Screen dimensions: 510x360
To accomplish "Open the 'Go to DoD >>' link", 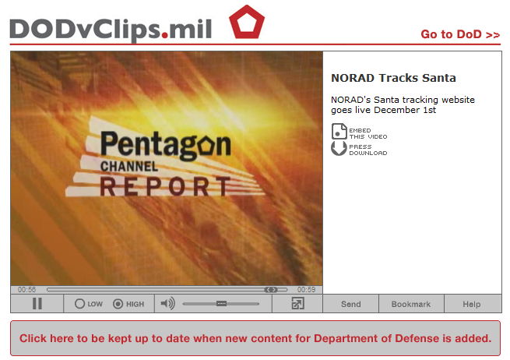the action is (x=460, y=34).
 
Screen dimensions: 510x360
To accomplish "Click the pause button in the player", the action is (x=37, y=303).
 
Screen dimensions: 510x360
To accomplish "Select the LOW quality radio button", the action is (x=79, y=304).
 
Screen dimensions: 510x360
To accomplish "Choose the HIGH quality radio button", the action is (x=118, y=304).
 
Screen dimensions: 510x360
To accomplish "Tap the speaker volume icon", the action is (x=168, y=303).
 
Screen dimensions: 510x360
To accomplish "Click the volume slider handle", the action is (x=221, y=303).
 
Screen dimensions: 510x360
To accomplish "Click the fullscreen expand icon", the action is (x=297, y=303).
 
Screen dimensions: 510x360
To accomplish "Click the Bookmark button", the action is (x=411, y=304).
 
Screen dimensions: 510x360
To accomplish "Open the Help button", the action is (x=472, y=304).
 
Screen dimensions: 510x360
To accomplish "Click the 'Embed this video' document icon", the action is (x=339, y=131).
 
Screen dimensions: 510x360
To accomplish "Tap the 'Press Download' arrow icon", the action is (x=339, y=148).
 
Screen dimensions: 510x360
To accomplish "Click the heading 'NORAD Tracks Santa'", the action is (x=393, y=78).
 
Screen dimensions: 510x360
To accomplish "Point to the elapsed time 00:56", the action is (x=26, y=289).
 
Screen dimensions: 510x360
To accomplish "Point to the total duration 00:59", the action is (x=306, y=289).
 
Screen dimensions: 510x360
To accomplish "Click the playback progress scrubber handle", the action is (x=271, y=289).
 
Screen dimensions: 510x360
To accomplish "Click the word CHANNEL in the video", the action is (x=129, y=166).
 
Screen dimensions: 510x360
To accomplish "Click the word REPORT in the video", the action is (x=165, y=186).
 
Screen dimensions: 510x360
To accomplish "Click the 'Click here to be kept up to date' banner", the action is (x=255, y=338).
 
